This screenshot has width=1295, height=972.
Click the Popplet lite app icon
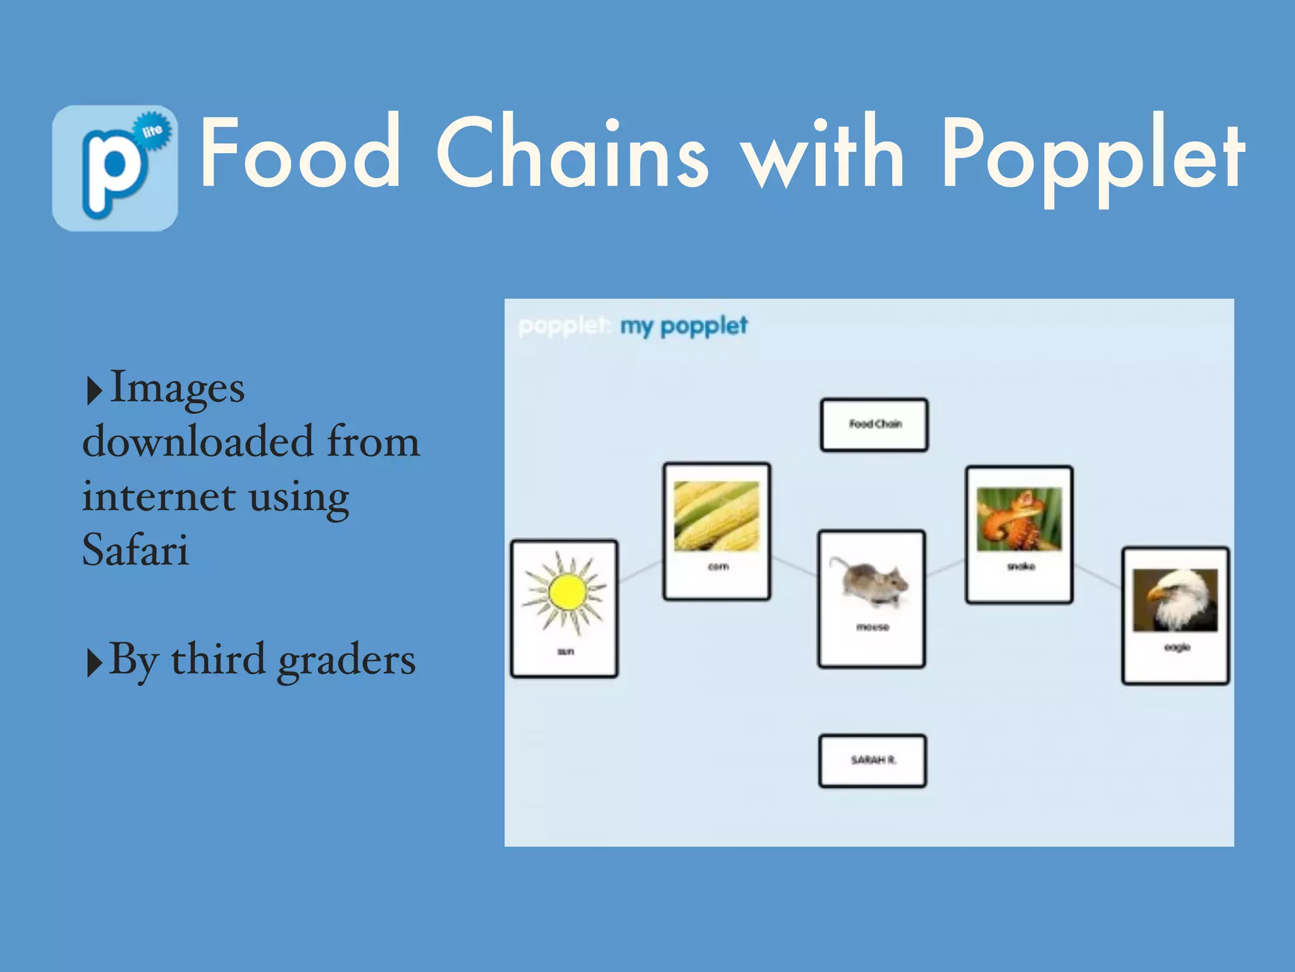114,168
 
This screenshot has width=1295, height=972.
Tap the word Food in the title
300,153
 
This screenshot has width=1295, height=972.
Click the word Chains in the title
572,153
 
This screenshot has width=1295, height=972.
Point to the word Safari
135,549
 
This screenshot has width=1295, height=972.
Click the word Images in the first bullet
177,387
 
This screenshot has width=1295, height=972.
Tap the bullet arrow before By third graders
94,663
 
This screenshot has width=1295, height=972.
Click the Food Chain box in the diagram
874,425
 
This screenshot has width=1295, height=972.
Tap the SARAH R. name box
873,761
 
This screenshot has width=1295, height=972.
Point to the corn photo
716,516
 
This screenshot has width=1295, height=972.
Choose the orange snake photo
1019,520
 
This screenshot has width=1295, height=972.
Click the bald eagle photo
1175,600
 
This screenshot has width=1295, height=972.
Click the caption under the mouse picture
873,627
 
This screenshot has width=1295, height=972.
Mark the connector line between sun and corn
640,571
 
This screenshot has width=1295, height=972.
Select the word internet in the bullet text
159,496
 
